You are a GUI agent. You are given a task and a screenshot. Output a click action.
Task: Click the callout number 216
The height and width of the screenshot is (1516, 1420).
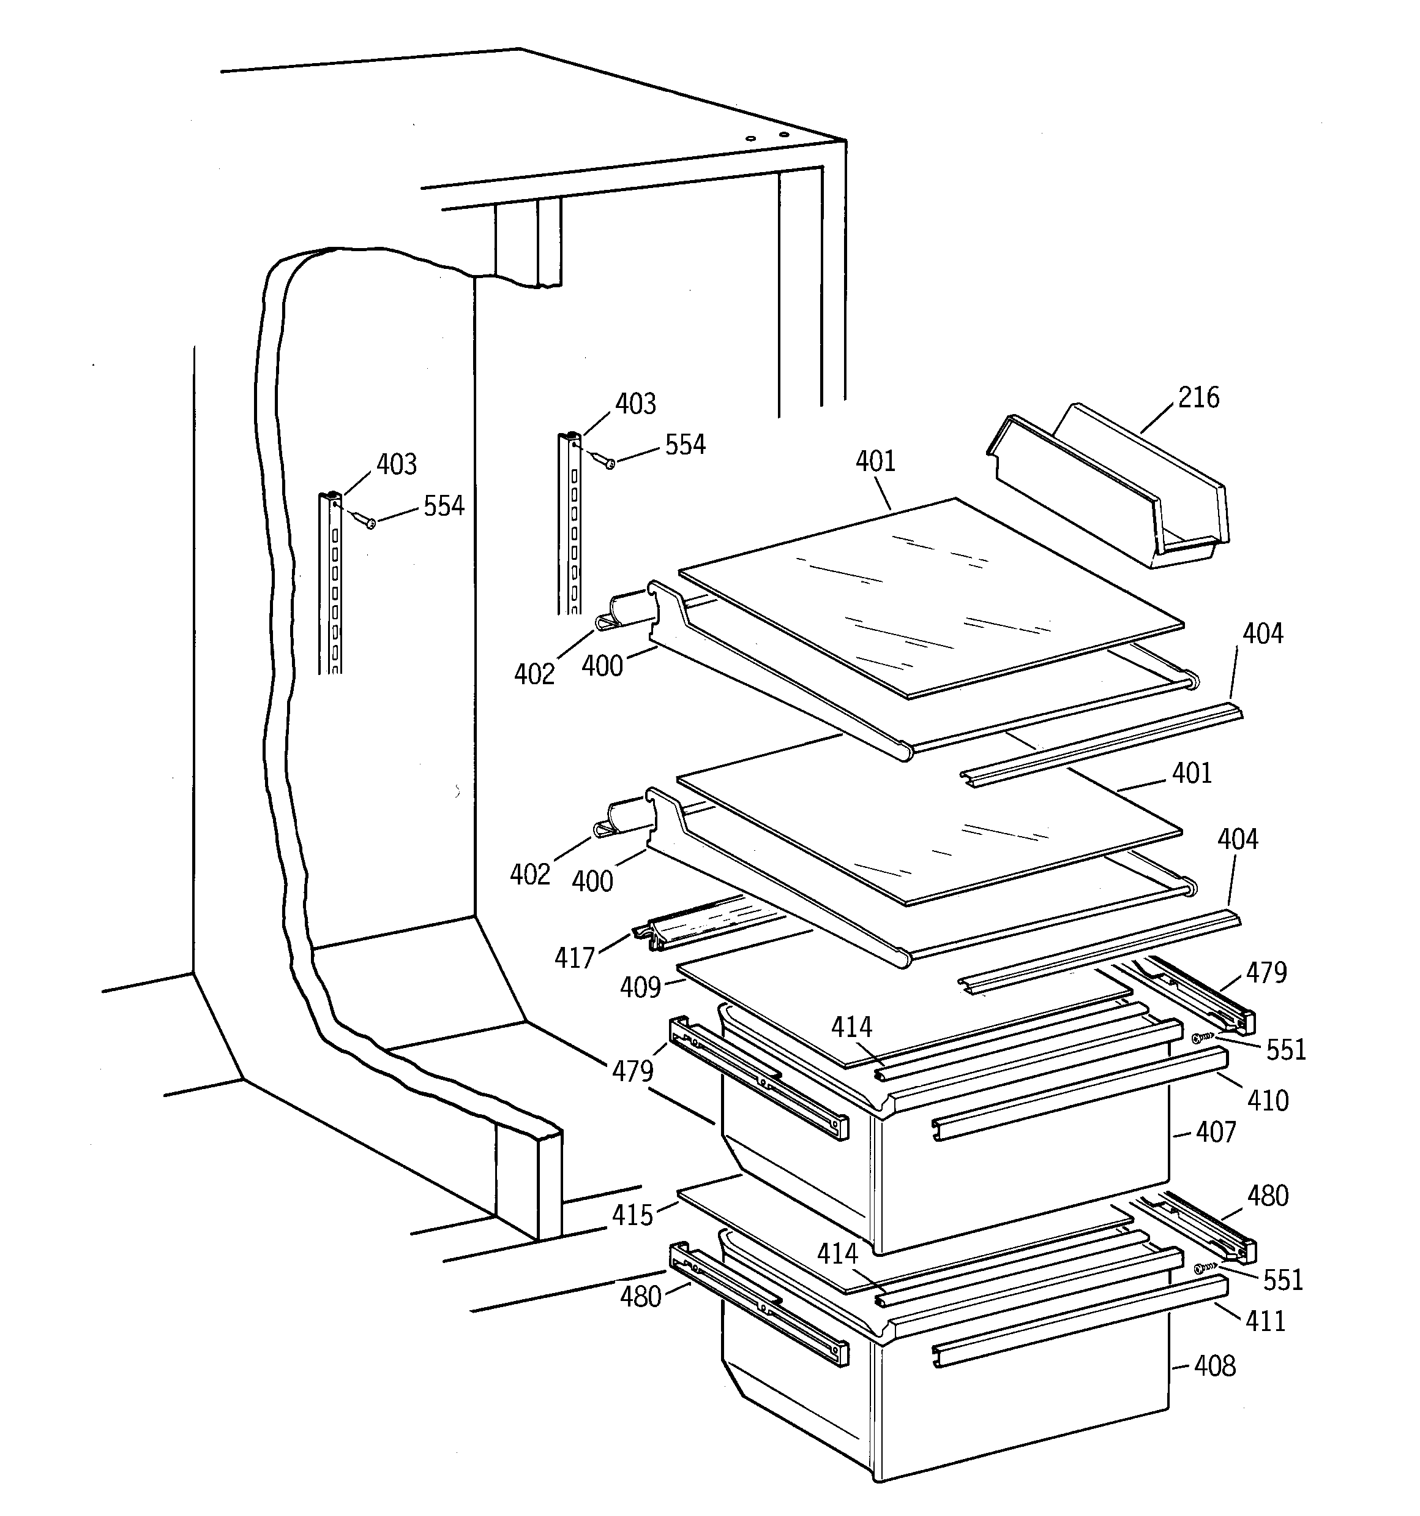(1198, 398)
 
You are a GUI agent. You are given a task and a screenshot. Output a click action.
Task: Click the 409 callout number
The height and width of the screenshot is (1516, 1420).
(640, 987)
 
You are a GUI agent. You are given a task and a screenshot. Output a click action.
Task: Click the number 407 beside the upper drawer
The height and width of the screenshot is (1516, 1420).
(1215, 1133)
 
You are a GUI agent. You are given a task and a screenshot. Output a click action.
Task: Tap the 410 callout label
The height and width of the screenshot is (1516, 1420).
(1267, 1100)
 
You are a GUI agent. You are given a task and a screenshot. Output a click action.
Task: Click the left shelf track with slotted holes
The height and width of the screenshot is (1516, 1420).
(331, 583)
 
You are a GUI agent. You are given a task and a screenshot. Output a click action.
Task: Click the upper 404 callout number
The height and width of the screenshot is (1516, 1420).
(1262, 634)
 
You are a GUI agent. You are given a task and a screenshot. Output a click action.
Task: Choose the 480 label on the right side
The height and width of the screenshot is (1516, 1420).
(1267, 1196)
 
